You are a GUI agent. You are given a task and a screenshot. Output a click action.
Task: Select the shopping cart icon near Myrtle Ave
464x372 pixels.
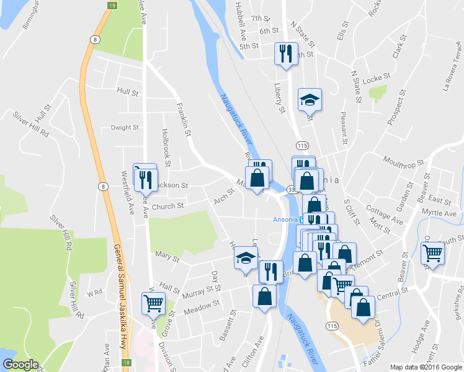432,252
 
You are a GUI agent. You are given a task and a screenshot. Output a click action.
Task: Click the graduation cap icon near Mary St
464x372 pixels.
245,257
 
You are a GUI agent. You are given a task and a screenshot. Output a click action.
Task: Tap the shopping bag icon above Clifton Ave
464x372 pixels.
264,295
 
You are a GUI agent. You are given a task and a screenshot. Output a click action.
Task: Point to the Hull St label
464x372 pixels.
127,91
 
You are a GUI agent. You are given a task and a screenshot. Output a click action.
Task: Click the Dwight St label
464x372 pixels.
124,128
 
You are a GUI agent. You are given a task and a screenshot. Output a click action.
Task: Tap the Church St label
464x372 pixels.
168,206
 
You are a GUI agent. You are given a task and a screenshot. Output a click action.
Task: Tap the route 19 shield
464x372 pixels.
111,5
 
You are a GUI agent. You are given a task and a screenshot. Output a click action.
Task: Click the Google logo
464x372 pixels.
20,364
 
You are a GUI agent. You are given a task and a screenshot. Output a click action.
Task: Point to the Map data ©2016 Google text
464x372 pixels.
422,367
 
